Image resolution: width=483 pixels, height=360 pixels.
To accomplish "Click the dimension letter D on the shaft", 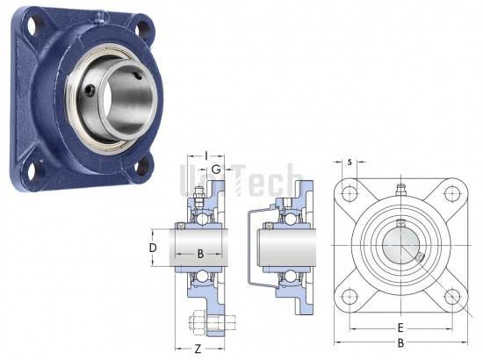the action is click(x=153, y=248).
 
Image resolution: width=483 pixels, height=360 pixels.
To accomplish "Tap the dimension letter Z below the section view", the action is click(x=198, y=349).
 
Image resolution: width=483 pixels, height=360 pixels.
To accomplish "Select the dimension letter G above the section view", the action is click(x=216, y=169).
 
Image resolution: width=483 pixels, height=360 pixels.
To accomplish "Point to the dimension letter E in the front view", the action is click(x=400, y=328).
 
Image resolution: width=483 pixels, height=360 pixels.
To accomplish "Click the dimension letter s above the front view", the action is click(x=350, y=162).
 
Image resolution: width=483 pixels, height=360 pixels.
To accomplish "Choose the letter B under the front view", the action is click(x=400, y=342).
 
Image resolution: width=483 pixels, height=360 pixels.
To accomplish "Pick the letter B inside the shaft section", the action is click(x=200, y=254).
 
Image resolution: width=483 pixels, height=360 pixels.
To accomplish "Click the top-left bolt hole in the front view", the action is click(x=350, y=194).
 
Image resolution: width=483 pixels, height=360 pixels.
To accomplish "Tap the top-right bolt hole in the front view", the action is click(x=452, y=194).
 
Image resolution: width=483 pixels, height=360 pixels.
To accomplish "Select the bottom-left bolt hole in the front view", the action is click(x=350, y=297).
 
